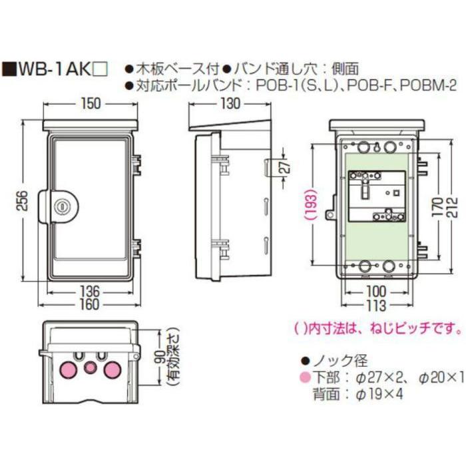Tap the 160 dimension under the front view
(x=91, y=305)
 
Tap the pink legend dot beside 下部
(x=304, y=377)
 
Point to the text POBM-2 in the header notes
(x=430, y=85)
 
